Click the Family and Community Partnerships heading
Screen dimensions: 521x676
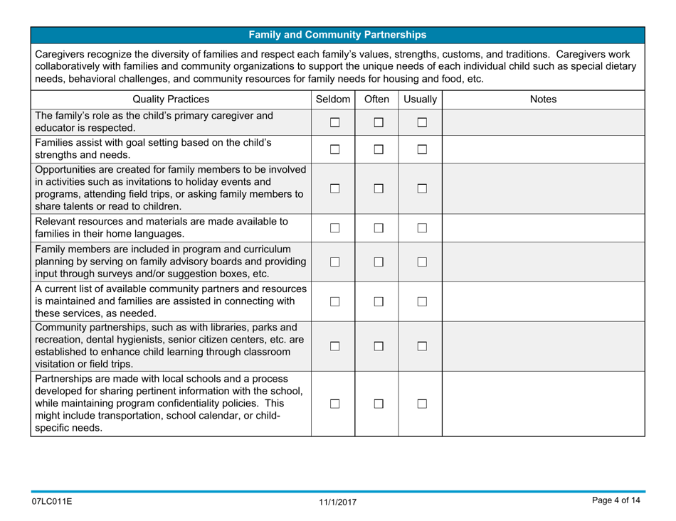click(338, 33)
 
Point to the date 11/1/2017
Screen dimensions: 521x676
click(337, 503)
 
